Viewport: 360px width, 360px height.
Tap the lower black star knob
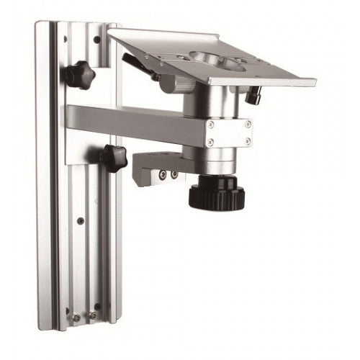pyautogui.click(x=113, y=158)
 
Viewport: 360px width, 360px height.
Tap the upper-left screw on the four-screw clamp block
pyautogui.click(x=211, y=125)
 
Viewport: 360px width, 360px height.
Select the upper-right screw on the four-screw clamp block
pyautogui.click(x=248, y=124)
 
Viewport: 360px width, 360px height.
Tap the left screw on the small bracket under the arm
pyautogui.click(x=163, y=174)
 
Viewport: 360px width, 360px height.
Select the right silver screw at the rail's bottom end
pyautogui.click(x=92, y=315)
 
